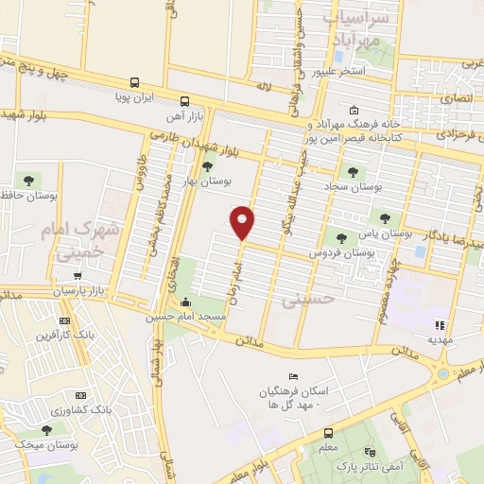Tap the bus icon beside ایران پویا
pos(134,83)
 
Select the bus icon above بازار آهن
pos(185,100)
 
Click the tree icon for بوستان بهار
pos(207,166)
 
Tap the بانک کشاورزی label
pos(108,411)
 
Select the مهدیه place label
pos(441,337)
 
